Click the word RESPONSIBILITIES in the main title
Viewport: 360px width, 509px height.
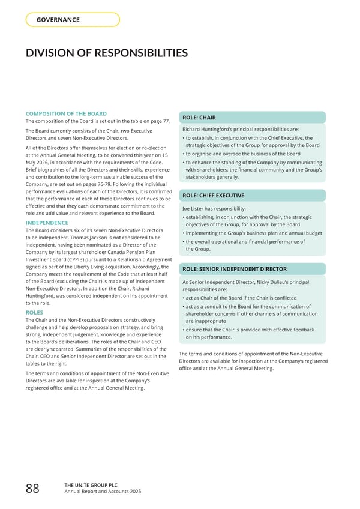127,53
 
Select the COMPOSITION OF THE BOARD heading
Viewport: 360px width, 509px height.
66,113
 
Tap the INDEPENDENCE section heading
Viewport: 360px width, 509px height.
47,222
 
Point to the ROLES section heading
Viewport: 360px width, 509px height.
34,312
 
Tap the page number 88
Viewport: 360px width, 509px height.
32,489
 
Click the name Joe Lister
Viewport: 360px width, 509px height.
194,208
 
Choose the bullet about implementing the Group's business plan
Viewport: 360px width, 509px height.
254,233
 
